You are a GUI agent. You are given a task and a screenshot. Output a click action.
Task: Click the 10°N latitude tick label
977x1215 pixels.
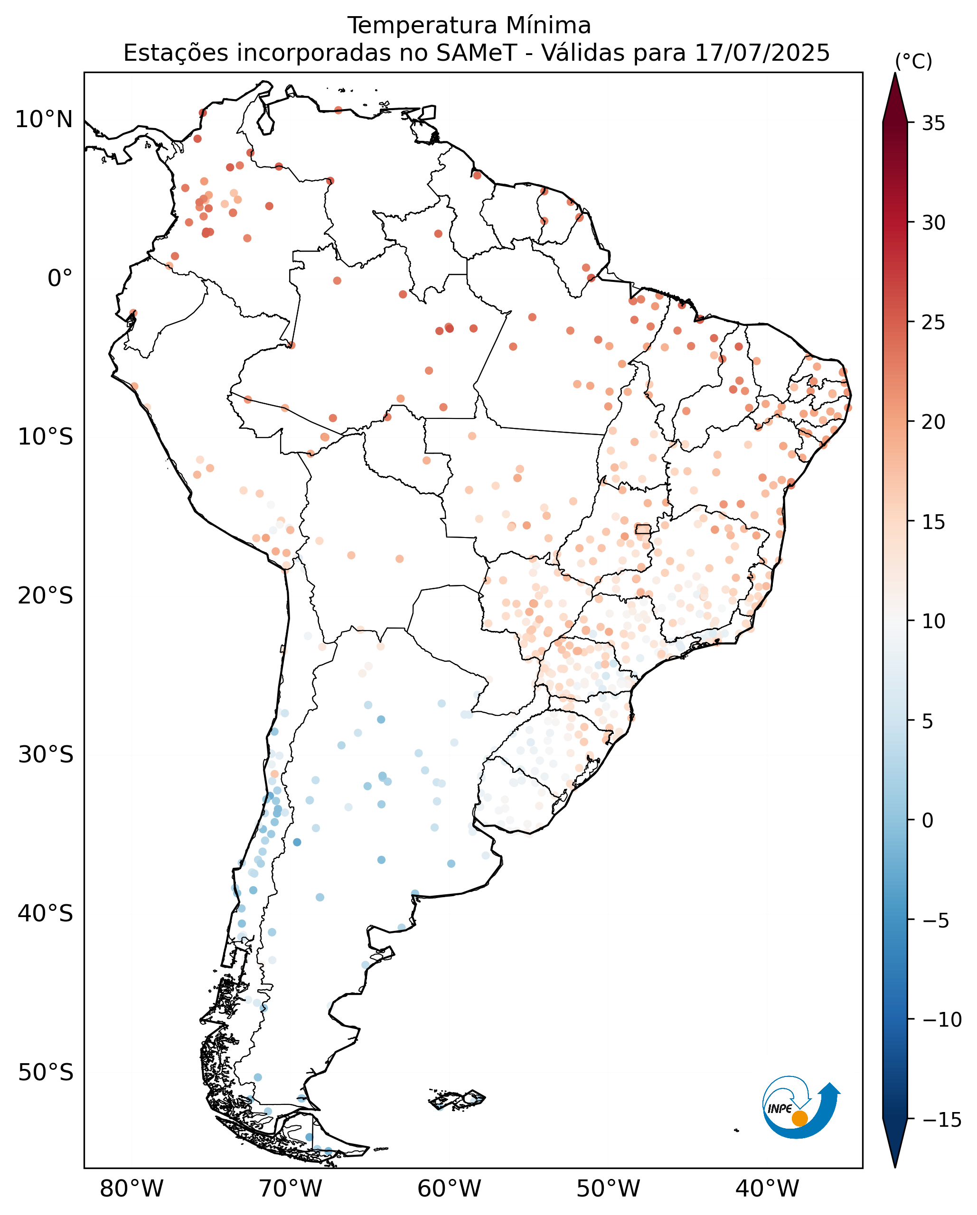point(44,120)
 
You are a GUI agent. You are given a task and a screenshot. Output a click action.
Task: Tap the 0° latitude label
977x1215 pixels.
point(60,278)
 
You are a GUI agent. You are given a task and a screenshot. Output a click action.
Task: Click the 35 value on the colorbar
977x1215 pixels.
point(934,123)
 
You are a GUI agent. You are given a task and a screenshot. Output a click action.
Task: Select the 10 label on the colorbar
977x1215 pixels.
point(934,621)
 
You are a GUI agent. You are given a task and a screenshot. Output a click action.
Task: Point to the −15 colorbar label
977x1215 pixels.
point(941,1119)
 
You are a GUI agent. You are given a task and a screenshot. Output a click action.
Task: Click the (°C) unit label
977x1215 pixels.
point(914,61)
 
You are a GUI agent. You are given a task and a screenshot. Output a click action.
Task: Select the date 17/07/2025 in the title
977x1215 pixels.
point(762,54)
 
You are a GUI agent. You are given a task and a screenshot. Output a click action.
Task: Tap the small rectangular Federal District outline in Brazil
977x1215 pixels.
point(643,529)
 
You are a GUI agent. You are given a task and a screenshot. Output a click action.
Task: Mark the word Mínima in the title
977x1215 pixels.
point(548,26)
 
